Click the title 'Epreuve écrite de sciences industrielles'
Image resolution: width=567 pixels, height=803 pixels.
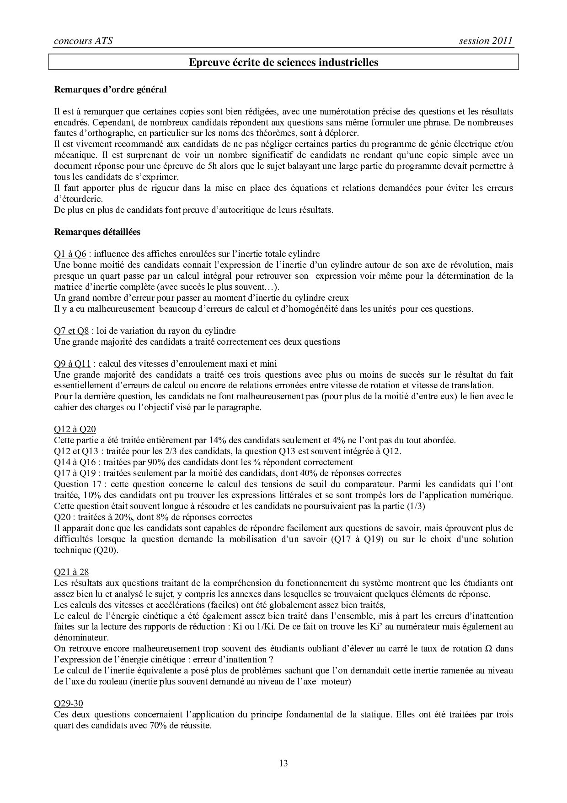pos(283,62)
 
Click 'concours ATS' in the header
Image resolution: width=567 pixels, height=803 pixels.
pos(83,41)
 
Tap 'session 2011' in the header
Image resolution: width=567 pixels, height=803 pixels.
pos(486,41)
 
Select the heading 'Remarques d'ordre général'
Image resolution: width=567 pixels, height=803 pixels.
pos(110,90)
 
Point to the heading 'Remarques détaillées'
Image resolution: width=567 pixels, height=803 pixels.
pos(97,232)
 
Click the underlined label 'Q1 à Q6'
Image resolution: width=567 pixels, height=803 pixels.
pos(70,254)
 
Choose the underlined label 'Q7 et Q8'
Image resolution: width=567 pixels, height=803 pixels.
pos(71,331)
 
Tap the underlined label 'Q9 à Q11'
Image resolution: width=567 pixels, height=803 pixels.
pos(74,364)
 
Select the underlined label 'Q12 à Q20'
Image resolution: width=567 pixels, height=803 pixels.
pos(75,429)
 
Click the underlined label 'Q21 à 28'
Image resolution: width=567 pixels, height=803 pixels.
pos(71,572)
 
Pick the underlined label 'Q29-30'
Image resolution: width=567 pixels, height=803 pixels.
pos(68,703)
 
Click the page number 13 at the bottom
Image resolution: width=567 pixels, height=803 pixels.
pos(283,763)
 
